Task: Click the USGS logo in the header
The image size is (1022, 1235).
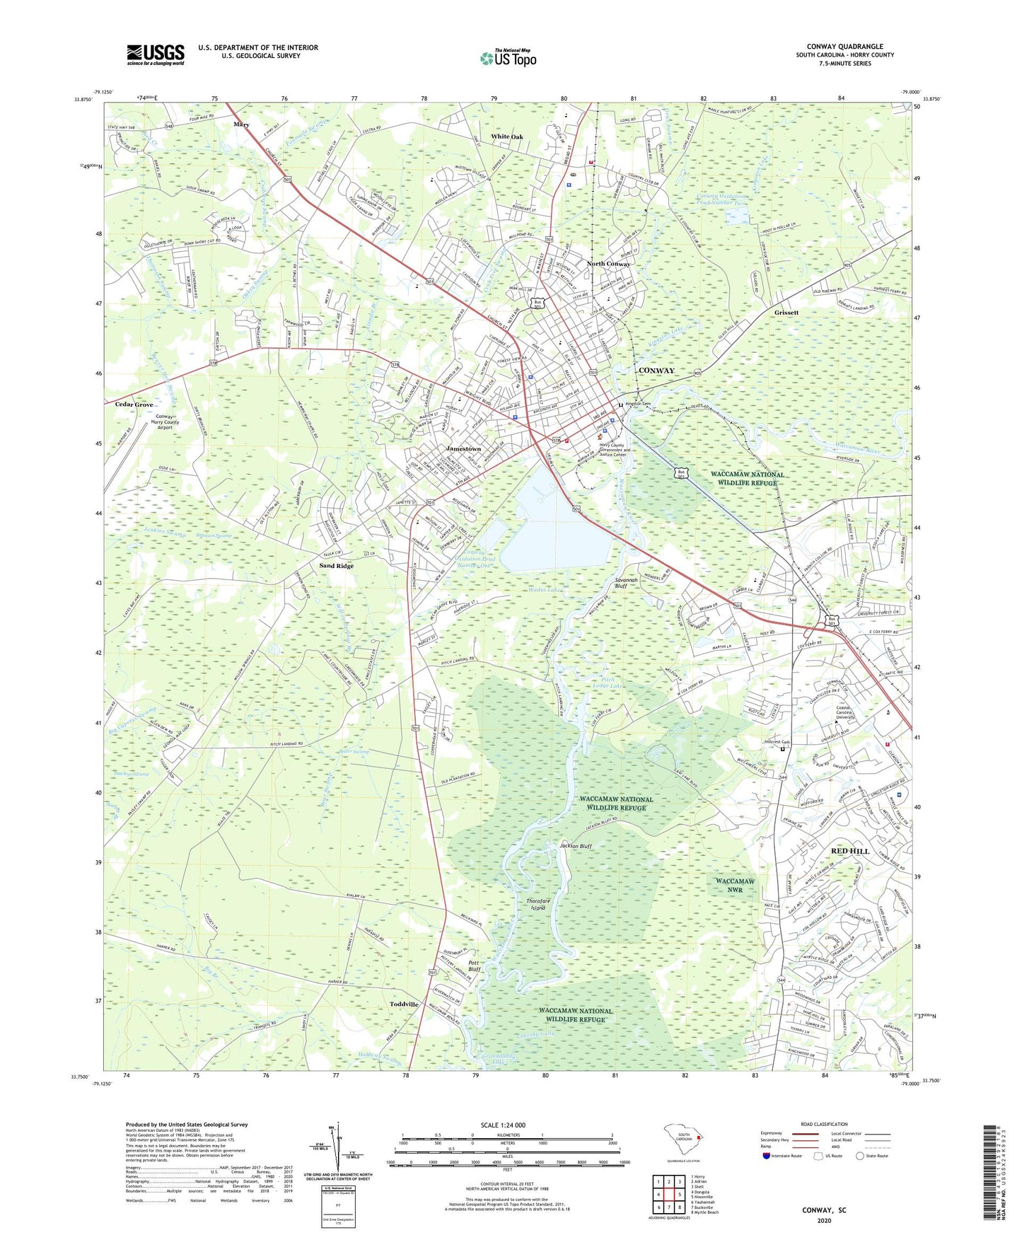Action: pos(156,54)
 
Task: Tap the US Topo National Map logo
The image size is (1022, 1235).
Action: pos(507,58)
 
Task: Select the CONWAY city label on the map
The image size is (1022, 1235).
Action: pos(656,371)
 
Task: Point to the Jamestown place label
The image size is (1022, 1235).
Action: pos(463,449)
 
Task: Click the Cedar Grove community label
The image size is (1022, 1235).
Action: pos(134,405)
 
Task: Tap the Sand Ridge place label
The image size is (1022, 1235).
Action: pos(336,566)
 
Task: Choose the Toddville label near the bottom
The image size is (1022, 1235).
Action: pos(404,1004)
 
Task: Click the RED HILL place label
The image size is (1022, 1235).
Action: pos(849,851)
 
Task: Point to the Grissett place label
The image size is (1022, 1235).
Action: pos(786,312)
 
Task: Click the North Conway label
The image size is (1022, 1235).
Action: pos(608,264)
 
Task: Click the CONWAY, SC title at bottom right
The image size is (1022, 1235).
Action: pos(824,1210)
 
